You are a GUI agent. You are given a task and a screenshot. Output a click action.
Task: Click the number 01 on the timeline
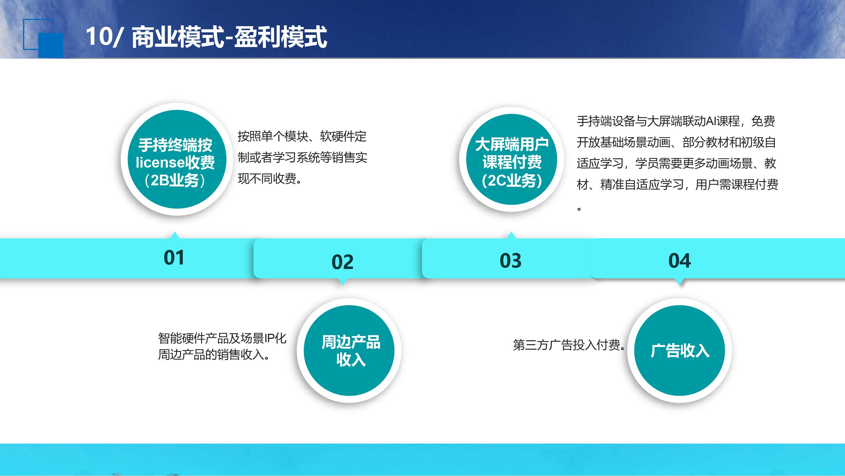click(x=174, y=257)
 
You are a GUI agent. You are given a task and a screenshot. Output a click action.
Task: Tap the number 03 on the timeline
click(x=510, y=261)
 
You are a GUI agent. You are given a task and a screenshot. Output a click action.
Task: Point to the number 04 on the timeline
click(x=680, y=261)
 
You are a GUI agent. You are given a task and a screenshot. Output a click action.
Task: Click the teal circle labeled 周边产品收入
click(x=349, y=350)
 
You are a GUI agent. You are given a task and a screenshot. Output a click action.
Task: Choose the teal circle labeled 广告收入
click(x=679, y=350)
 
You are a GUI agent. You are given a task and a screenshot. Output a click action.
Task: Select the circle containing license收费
click(x=177, y=159)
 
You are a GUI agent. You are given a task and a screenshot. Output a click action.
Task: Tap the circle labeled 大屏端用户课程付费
click(x=512, y=159)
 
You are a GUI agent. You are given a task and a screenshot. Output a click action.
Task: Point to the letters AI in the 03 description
click(x=711, y=121)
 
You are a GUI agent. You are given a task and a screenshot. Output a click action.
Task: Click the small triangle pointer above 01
click(x=175, y=235)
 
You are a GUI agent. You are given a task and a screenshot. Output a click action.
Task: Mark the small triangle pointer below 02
click(x=343, y=281)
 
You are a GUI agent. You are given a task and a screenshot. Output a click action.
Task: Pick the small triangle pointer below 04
click(x=680, y=281)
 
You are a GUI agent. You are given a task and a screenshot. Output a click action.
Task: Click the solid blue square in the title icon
click(x=50, y=45)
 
